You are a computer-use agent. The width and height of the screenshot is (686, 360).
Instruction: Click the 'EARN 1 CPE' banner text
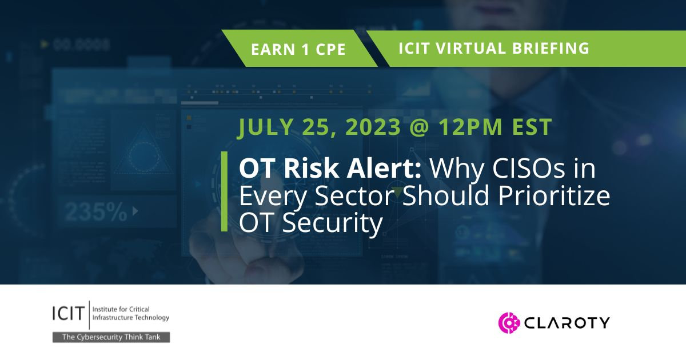pos(298,49)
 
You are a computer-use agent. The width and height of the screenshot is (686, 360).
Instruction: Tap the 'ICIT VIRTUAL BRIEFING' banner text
pos(493,48)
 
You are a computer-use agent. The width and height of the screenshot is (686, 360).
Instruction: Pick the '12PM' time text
pos(482,127)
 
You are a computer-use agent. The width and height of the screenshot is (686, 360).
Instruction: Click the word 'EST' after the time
pos(536,127)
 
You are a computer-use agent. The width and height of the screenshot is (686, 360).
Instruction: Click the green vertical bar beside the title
pos(224,191)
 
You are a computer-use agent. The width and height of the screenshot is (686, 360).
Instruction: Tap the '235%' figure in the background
pos(96,212)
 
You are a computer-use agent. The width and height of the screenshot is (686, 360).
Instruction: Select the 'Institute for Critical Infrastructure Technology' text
pos(126,313)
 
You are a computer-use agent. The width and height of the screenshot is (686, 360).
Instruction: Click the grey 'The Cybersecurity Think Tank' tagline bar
pos(111,337)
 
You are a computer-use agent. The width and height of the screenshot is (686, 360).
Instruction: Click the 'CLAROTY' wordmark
pos(566,323)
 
